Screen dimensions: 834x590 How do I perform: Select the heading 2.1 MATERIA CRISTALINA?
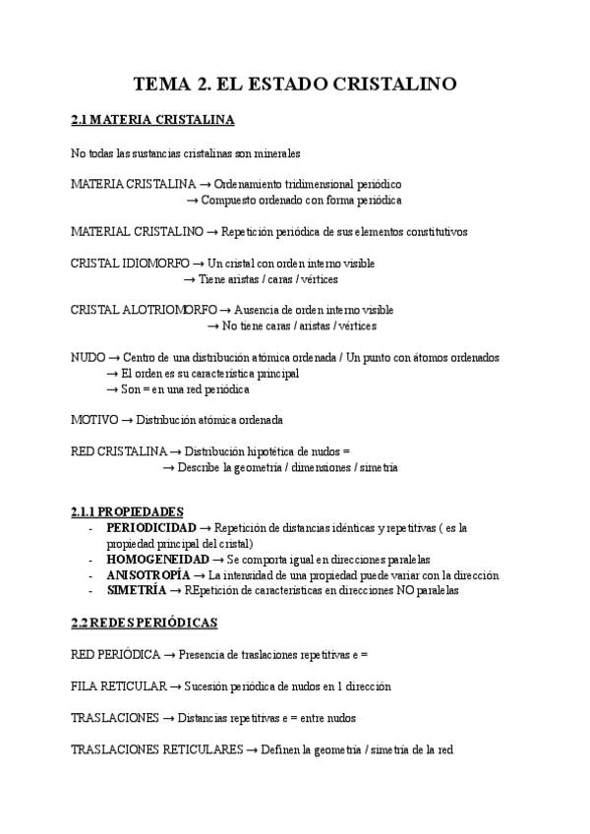152,121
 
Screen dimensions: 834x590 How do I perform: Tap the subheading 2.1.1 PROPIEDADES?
127,512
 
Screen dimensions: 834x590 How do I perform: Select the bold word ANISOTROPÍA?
148,575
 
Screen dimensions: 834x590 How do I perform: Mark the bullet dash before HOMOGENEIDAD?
90,560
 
